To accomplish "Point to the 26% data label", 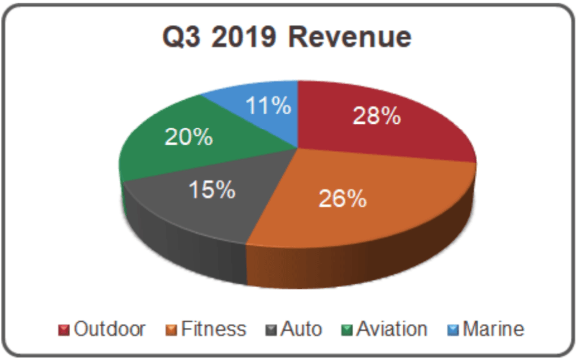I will [x=343, y=198].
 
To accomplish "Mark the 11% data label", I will [x=268, y=106].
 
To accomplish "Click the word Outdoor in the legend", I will [x=110, y=329].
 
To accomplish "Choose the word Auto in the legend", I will [x=301, y=329].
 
